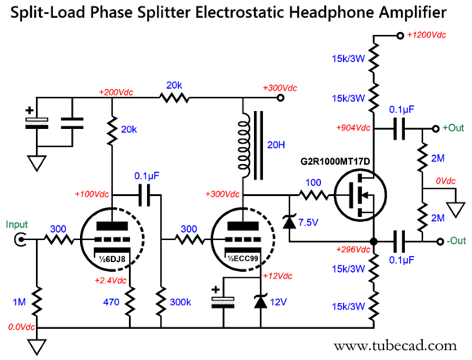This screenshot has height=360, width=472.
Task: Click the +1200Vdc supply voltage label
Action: [x=431, y=35]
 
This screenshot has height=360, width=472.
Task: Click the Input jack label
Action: [x=17, y=224]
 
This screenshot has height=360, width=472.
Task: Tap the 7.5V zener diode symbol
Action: [x=288, y=221]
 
